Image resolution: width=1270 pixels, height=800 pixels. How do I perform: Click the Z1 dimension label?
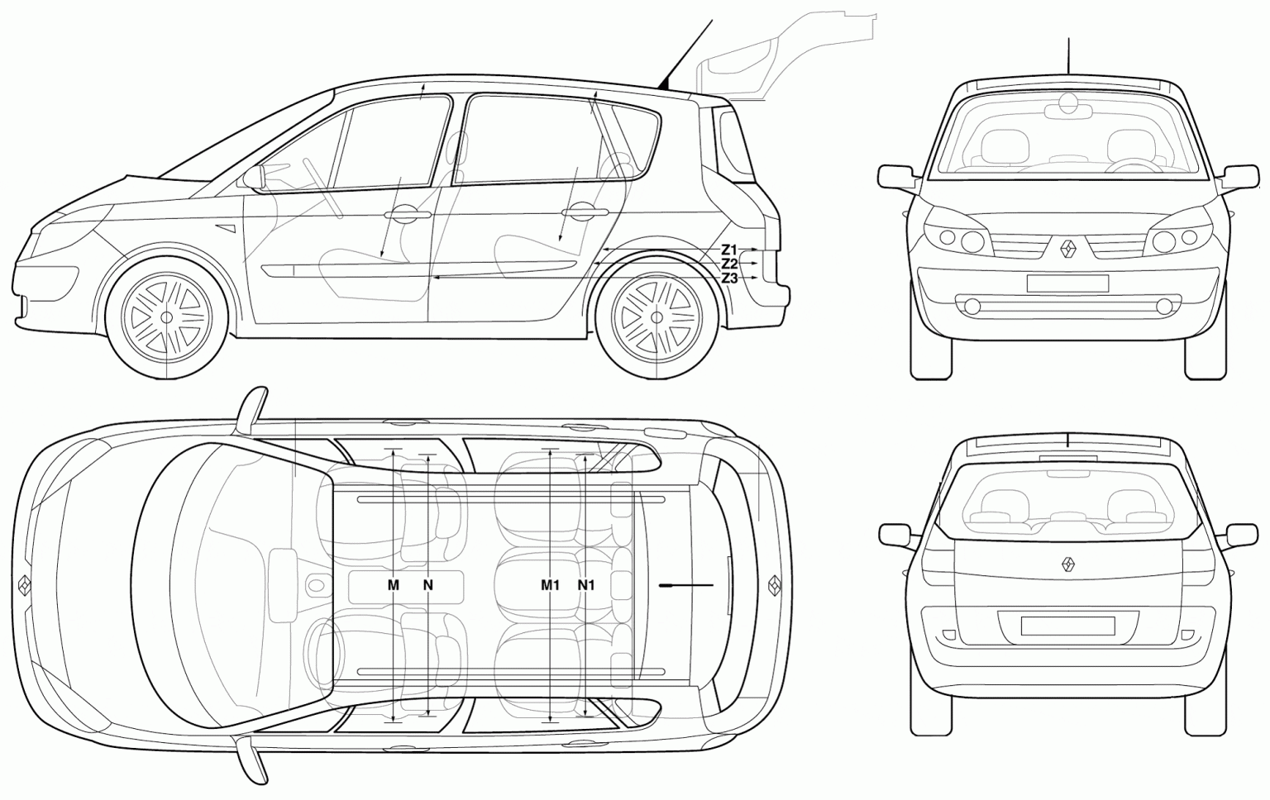tap(728, 250)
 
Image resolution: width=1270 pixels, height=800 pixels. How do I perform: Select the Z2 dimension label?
tap(728, 264)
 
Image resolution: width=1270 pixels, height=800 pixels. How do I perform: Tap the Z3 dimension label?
tap(728, 279)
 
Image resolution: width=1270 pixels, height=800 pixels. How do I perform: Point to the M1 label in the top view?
tap(550, 585)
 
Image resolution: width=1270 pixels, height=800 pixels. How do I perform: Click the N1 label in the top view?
tap(585, 585)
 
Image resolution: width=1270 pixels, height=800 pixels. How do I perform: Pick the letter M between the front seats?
tap(394, 585)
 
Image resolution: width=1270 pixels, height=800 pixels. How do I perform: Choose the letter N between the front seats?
tap(428, 585)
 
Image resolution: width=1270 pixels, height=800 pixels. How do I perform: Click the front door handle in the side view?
tap(407, 215)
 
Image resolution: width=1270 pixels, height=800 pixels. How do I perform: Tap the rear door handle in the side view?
tap(584, 213)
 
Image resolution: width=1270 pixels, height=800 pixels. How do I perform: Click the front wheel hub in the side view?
tap(166, 317)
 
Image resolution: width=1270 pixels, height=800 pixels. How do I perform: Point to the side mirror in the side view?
tap(255, 178)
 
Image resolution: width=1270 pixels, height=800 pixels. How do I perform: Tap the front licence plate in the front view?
tap(1067, 283)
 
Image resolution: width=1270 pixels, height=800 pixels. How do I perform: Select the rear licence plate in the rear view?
tap(1067, 626)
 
